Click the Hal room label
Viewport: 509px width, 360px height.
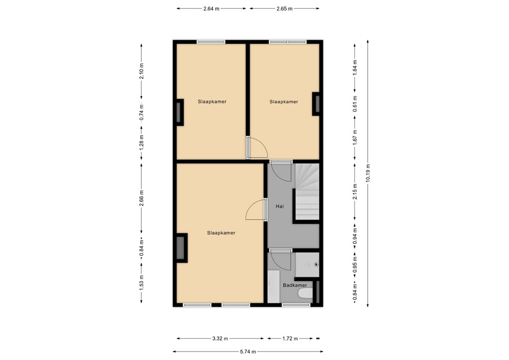279,206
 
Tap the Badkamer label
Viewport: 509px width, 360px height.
295,285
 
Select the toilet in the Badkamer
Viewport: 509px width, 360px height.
305,294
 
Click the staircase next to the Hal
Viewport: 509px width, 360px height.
307,192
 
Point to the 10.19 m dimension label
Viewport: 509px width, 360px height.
368,174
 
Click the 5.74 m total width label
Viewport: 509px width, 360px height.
248,352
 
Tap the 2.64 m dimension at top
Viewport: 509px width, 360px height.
211,9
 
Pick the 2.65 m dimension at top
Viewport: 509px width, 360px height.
284,9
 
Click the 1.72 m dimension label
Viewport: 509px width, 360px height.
290,339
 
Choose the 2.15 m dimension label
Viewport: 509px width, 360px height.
355,191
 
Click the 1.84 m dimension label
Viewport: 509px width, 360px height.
355,67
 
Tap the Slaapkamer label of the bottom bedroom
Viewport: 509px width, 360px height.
221,233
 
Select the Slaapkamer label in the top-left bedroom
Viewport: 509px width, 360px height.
212,101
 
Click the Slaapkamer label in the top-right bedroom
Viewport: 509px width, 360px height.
284,101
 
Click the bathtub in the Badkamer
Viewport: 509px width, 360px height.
274,286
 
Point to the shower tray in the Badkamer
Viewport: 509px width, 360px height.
307,265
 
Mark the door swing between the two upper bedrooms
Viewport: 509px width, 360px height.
257,148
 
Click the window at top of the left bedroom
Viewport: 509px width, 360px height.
211,42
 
